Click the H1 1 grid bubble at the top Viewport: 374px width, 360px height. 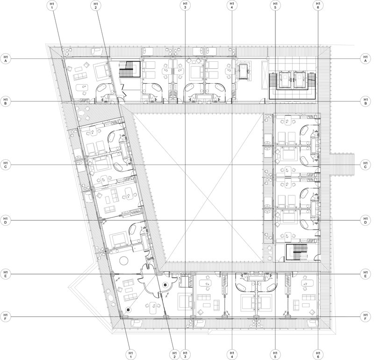52,6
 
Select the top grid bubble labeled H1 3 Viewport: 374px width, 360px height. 185,6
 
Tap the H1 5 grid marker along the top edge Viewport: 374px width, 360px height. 275,6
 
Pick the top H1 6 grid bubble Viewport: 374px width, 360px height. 318,6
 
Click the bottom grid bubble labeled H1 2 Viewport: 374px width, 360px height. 174,355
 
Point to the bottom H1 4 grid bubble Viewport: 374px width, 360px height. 232,355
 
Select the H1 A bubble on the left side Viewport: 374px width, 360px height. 6,59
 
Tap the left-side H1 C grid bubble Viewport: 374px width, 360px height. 6,165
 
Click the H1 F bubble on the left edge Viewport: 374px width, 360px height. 6,317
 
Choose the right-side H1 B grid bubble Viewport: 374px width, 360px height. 365,101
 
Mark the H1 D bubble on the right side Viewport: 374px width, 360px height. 365,220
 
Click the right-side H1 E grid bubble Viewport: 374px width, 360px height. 365,274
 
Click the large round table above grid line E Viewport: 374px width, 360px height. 124,260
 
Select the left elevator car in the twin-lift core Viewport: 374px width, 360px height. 284,80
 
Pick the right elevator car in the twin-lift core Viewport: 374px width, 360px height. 299,80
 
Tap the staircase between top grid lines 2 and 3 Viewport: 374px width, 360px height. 129,69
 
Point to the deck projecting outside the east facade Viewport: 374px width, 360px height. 342,165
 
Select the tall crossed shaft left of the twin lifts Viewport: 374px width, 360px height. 265,75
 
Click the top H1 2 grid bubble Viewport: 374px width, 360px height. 96,6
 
